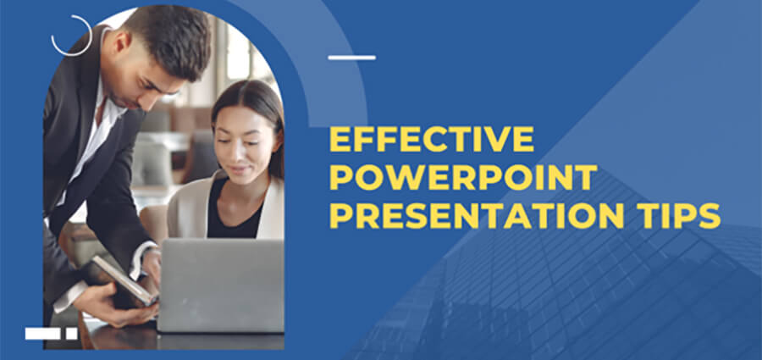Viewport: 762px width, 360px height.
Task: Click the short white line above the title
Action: [351, 58]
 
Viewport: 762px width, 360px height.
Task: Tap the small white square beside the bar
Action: [72, 334]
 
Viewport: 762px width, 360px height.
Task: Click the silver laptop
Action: [220, 284]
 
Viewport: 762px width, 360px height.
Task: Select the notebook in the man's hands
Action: [123, 280]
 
